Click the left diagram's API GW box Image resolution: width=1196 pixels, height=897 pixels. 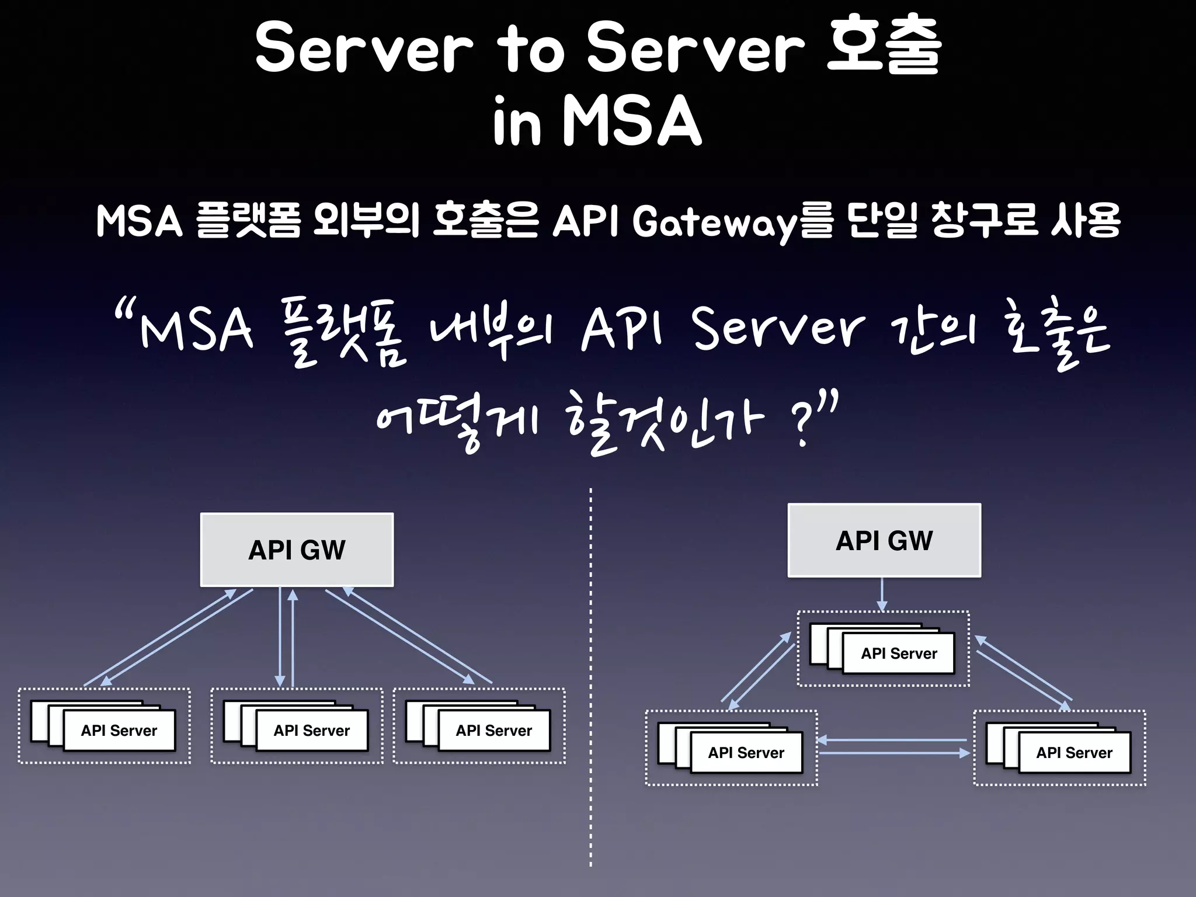click(x=297, y=550)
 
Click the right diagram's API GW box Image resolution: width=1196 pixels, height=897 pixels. click(x=884, y=540)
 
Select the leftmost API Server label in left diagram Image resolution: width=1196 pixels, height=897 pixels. click(x=119, y=731)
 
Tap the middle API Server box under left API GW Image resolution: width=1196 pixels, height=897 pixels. click(x=312, y=731)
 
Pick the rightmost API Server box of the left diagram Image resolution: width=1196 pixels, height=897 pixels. click(x=494, y=731)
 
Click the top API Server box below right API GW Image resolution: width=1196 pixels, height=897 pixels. click(x=899, y=653)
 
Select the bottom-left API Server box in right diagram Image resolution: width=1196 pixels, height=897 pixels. click(x=746, y=753)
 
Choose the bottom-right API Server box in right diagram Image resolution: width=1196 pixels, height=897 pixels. click(x=1074, y=753)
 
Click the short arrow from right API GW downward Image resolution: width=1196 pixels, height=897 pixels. click(x=882, y=594)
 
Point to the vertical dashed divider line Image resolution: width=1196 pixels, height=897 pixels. click(x=590, y=677)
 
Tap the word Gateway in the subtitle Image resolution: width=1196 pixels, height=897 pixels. click(x=714, y=222)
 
